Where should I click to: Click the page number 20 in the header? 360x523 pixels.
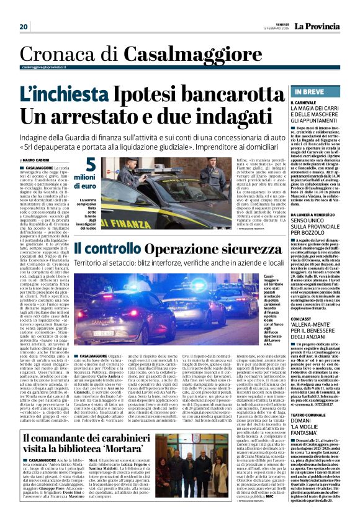pyautogui.click(x=24, y=27)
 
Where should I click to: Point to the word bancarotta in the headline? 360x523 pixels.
pyautogui.click(x=219, y=94)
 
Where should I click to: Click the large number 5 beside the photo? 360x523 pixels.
pyautogui.click(x=91, y=166)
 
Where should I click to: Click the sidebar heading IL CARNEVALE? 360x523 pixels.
pyautogui.click(x=303, y=102)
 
